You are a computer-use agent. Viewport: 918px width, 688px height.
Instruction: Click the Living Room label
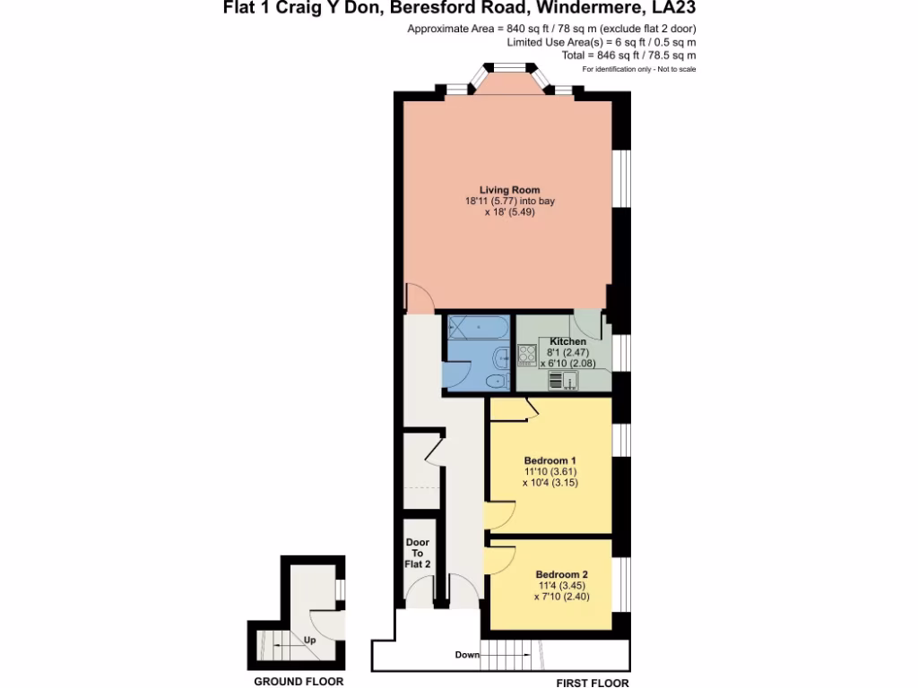click(x=509, y=190)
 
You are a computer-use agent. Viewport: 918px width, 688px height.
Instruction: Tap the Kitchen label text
click(x=568, y=341)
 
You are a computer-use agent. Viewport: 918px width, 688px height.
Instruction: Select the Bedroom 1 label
click(x=550, y=460)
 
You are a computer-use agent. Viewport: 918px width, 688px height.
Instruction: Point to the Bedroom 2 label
click(x=561, y=574)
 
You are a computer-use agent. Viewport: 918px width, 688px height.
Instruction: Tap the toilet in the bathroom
click(x=494, y=382)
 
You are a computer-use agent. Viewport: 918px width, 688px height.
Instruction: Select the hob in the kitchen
click(x=526, y=356)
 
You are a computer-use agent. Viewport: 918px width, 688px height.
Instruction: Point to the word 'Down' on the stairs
click(x=467, y=655)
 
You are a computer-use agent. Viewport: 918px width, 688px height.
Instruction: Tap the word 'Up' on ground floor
click(x=310, y=641)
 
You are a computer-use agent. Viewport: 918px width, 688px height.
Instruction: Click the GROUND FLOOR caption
click(x=299, y=682)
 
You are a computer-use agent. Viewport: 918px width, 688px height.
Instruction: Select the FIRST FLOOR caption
click(x=593, y=683)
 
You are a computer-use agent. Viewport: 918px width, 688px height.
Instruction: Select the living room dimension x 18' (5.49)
click(x=509, y=214)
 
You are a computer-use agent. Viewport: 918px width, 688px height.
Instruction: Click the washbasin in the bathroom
click(x=498, y=357)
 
